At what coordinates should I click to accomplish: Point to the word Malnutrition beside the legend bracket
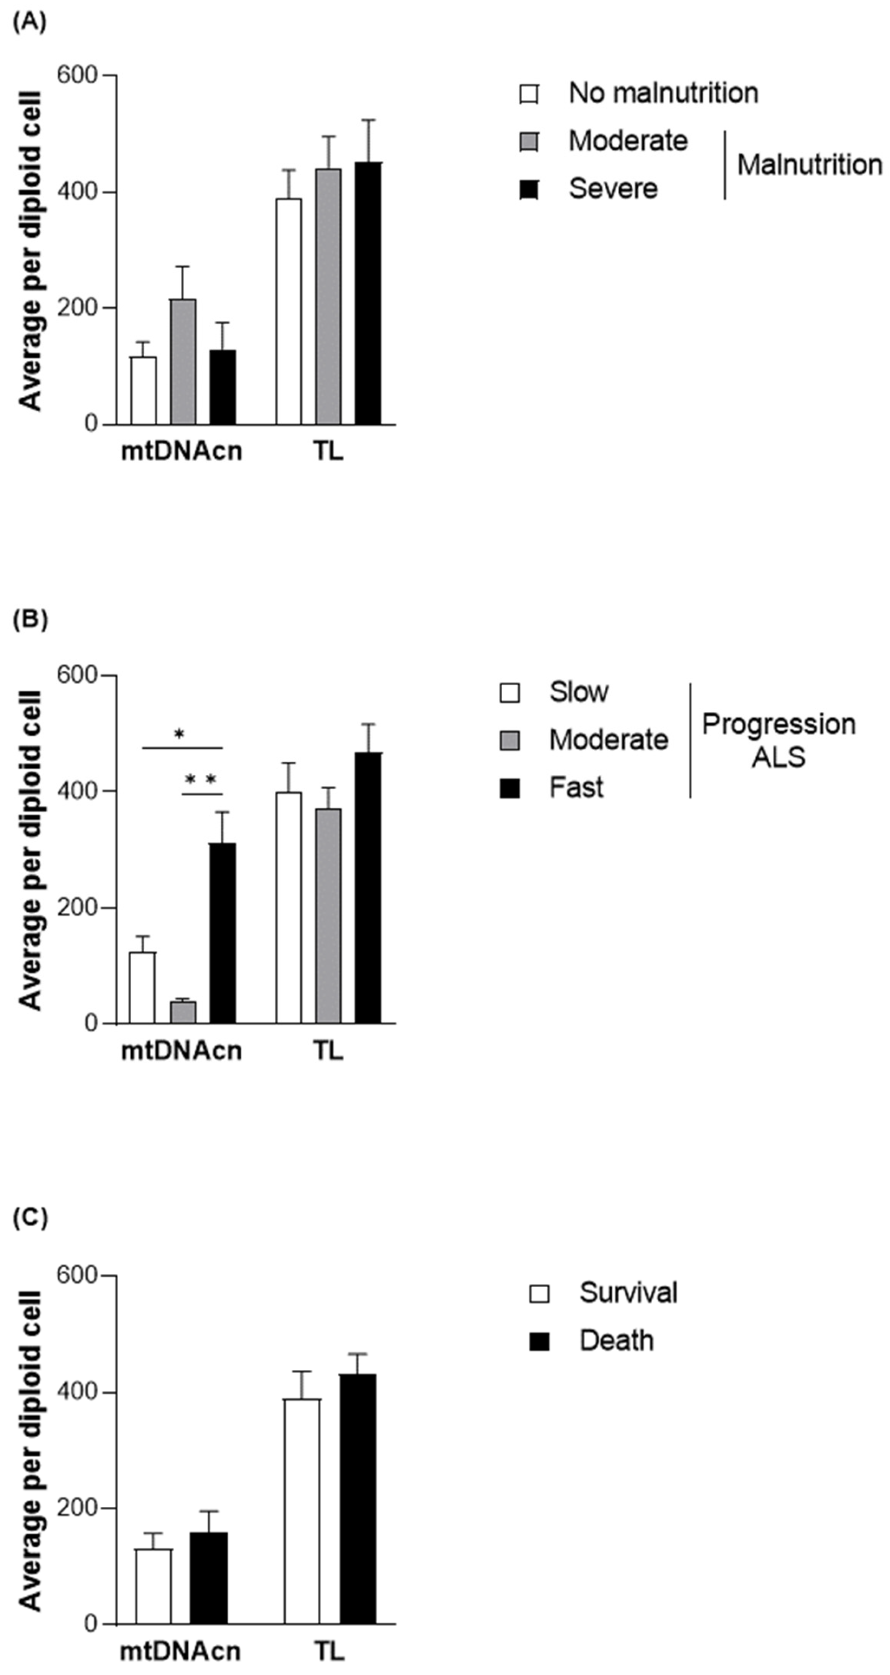[x=810, y=165]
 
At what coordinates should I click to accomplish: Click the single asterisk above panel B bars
[x=180, y=735]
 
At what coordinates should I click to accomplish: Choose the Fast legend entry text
[x=576, y=787]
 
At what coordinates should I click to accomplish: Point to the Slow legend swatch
[x=510, y=693]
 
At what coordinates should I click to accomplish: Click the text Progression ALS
[x=778, y=741]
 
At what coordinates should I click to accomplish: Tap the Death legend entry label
[x=616, y=1341]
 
